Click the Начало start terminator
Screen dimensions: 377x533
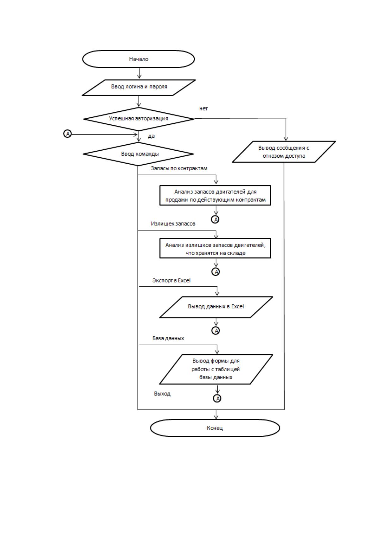(x=139, y=59)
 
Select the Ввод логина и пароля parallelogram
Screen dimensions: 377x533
(x=139, y=88)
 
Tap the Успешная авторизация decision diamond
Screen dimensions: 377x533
(x=139, y=119)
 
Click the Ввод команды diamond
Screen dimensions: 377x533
(x=138, y=154)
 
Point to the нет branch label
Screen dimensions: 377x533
(x=204, y=109)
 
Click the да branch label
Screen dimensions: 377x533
(x=151, y=136)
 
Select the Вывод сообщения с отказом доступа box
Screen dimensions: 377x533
(x=284, y=152)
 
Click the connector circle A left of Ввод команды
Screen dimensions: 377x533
(x=67, y=134)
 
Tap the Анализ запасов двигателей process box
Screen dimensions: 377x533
(x=215, y=195)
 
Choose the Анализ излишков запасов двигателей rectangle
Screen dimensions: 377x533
(x=215, y=248)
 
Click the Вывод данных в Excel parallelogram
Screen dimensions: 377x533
(x=216, y=307)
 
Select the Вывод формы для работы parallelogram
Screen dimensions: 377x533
(x=216, y=369)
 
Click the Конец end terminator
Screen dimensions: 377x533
(x=215, y=428)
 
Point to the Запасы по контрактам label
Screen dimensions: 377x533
(x=179, y=168)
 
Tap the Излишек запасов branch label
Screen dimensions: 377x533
(x=173, y=224)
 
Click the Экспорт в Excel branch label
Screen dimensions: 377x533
(x=171, y=280)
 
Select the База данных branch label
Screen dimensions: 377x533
(x=168, y=338)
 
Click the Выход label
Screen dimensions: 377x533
(x=162, y=393)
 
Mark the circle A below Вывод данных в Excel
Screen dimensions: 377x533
(x=216, y=330)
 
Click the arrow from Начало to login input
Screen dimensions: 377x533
(x=139, y=73)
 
